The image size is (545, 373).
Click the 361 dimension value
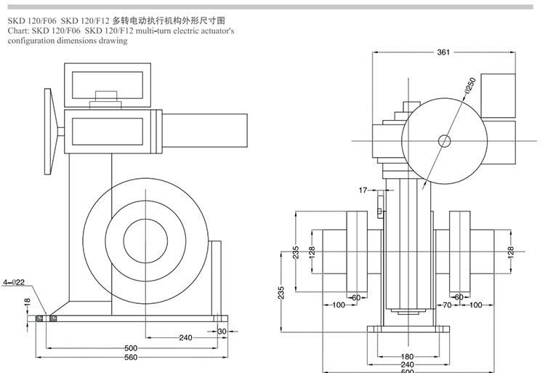(443, 52)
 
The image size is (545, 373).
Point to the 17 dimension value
(363, 190)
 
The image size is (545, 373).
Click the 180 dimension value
(407, 356)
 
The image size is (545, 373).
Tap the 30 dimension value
(222, 332)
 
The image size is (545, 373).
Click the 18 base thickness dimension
(27, 301)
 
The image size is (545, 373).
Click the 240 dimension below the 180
(407, 364)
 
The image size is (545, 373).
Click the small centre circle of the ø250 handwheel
(443, 140)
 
